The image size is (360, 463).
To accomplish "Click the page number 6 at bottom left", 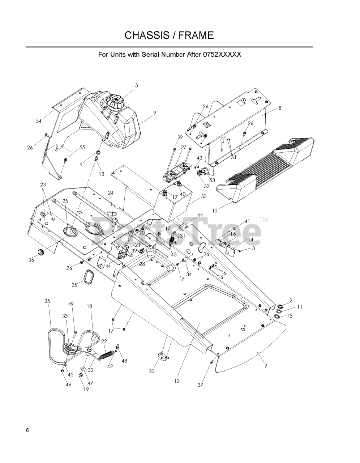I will (x=27, y=430).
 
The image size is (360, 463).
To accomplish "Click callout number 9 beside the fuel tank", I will (x=154, y=113).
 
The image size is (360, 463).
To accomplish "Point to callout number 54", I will (x=39, y=121).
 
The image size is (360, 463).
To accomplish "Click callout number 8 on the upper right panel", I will (x=280, y=108).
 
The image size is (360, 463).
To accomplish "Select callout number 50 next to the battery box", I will (x=203, y=196).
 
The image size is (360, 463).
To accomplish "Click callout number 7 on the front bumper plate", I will (x=266, y=366).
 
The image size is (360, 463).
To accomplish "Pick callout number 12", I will (x=177, y=381).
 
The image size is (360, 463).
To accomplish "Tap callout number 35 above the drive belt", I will (x=47, y=301).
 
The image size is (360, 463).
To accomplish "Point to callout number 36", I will (x=31, y=260).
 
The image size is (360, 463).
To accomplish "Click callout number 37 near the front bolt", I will (x=201, y=385).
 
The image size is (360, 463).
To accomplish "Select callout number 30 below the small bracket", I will (x=152, y=371).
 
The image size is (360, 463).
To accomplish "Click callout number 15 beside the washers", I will (x=290, y=315).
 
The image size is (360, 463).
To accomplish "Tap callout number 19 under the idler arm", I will (x=86, y=389).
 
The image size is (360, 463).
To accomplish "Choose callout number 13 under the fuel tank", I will (x=102, y=174).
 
